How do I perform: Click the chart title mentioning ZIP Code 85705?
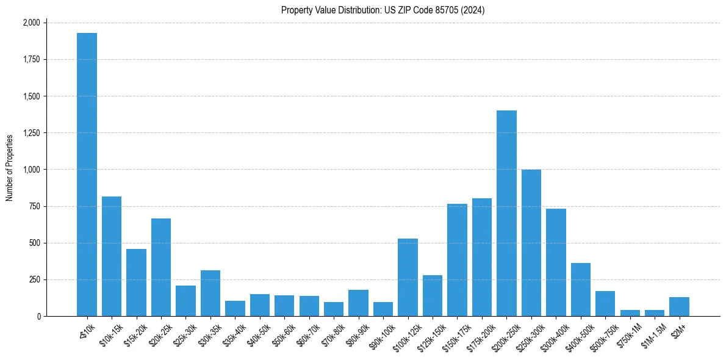pos(383,10)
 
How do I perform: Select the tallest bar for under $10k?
pos(87,175)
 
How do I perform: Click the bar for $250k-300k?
pos(531,243)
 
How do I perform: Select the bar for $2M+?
pos(679,307)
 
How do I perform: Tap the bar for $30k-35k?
pos(210,293)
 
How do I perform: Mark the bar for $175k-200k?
pos(482,257)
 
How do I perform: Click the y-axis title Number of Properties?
pos(10,168)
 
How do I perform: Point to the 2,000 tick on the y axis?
pos(31,23)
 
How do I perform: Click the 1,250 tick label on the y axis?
pos(31,133)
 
